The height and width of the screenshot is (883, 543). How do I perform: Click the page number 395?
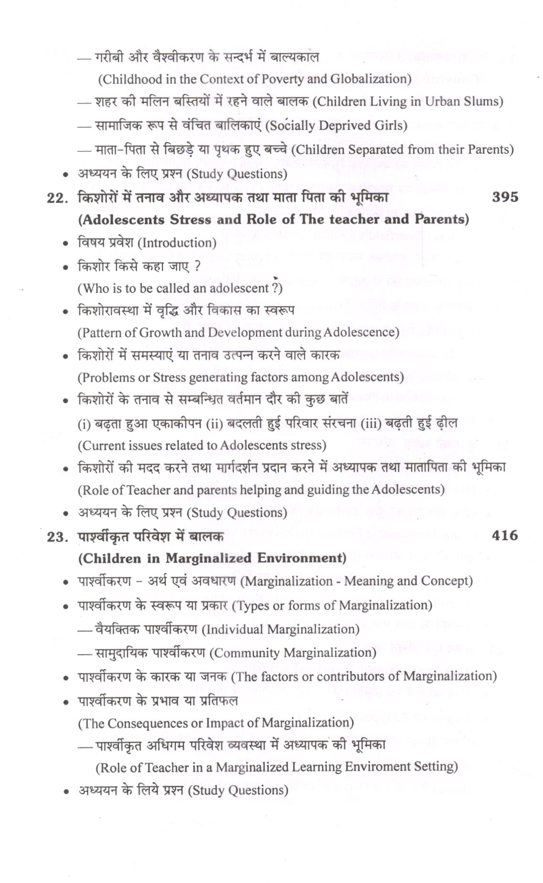[504, 197]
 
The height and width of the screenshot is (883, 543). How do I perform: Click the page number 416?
[504, 535]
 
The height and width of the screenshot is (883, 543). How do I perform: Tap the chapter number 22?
[57, 198]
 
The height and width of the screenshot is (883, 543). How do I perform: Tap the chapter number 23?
[57, 537]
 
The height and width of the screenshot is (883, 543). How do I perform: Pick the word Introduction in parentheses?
[177, 243]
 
